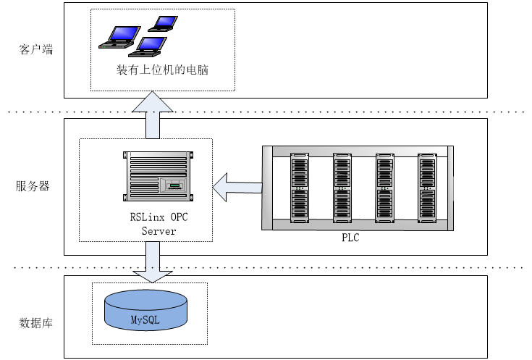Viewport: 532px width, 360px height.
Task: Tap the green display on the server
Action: tap(174, 187)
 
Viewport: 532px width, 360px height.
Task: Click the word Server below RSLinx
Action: tap(159, 231)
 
